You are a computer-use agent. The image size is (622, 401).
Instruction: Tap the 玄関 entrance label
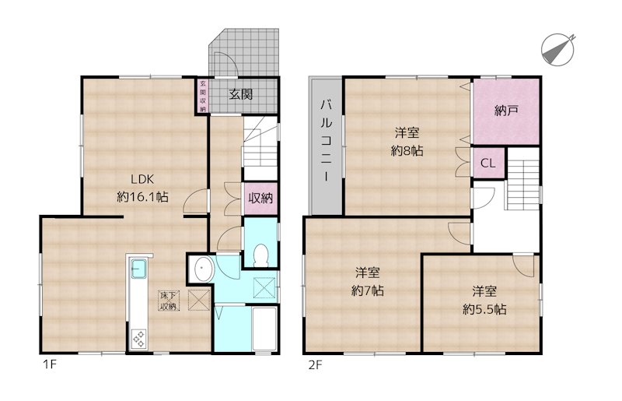pyautogui.click(x=240, y=95)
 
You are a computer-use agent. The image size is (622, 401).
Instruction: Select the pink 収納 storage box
pyautogui.click(x=261, y=197)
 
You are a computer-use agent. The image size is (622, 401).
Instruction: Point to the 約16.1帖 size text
pyautogui.click(x=143, y=197)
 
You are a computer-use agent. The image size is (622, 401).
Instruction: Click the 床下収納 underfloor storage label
pyautogui.click(x=169, y=301)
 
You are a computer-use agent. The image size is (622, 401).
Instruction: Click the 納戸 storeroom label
pyautogui.click(x=506, y=111)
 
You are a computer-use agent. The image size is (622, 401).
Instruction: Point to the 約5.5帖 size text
pyautogui.click(x=484, y=308)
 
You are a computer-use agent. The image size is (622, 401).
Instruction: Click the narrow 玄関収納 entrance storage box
pyautogui.click(x=202, y=97)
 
